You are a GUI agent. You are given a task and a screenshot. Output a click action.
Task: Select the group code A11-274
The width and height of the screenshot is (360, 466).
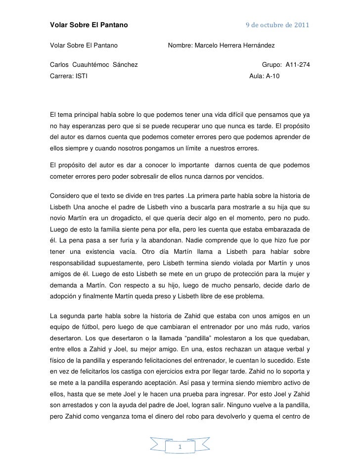(298, 65)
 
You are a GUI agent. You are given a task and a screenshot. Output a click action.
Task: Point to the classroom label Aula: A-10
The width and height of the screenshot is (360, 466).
(264, 77)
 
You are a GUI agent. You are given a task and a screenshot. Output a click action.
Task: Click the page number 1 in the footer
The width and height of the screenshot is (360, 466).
(180, 448)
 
